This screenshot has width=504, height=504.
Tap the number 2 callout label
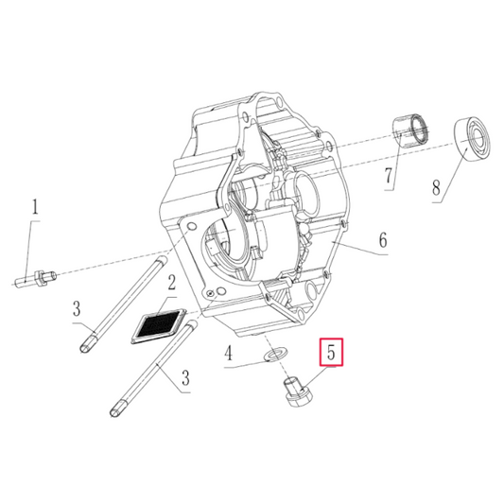click(171, 283)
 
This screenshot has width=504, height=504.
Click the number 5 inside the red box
click(332, 354)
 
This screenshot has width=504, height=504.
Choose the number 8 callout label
click(436, 189)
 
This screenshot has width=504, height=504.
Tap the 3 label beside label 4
click(185, 378)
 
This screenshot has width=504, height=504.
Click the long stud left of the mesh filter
click(118, 304)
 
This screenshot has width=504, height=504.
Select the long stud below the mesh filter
click(151, 370)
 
